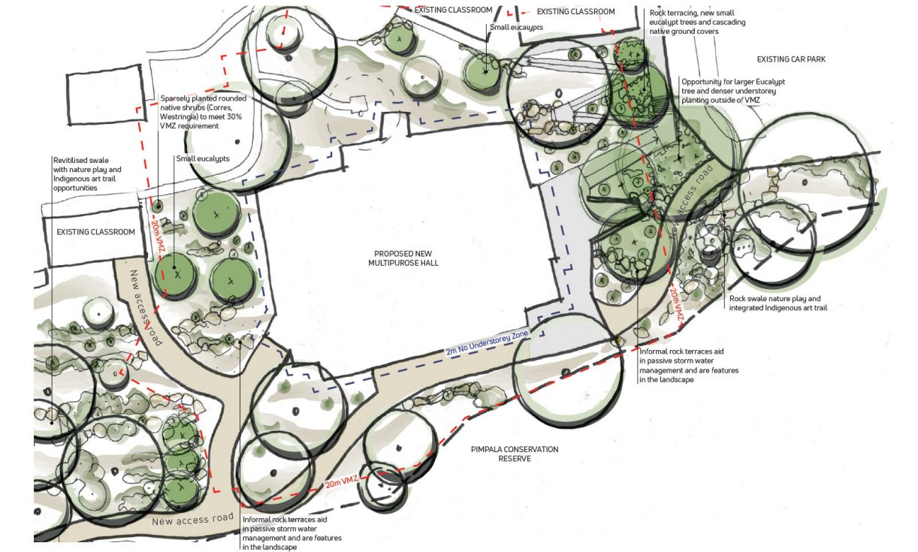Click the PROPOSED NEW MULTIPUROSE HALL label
[403, 258]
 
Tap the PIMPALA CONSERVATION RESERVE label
[515, 454]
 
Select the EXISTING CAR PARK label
[790, 59]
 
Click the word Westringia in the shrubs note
[182, 117]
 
